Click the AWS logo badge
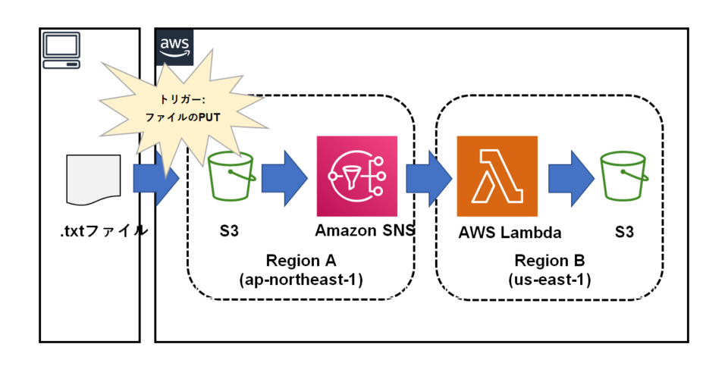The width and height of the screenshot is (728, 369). [174, 47]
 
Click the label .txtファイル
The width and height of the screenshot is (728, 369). [104, 232]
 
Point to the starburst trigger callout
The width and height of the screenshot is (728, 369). [179, 108]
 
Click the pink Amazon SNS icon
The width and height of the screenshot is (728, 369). [356, 177]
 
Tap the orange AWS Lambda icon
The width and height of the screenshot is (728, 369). [497, 177]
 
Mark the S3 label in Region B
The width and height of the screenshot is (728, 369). [624, 233]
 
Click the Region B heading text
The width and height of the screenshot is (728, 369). [550, 261]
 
